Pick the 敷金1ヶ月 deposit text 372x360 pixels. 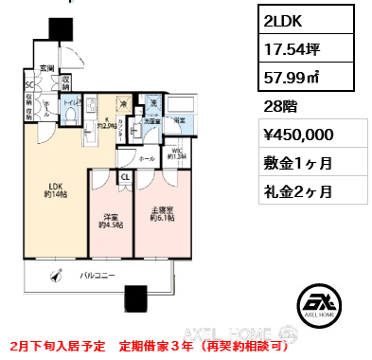(301, 163)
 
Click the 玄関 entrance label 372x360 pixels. (45, 68)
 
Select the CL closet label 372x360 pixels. (125, 175)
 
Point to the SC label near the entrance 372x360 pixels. (29, 82)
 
